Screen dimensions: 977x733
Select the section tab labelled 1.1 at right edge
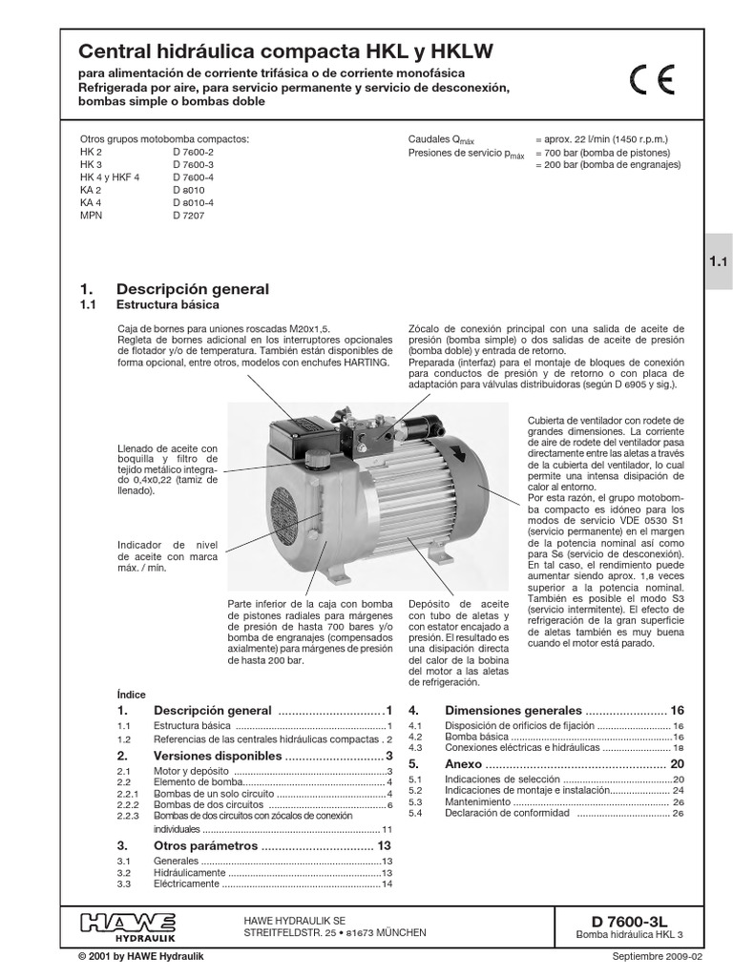point(718,260)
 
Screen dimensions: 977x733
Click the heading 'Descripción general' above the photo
point(192,288)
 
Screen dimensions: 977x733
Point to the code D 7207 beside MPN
point(188,217)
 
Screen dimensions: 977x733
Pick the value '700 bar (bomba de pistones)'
point(608,153)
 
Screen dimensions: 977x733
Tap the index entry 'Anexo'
point(465,764)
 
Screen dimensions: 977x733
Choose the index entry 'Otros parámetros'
point(205,845)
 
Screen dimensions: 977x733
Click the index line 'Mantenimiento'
point(480,801)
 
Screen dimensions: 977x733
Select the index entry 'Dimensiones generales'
point(513,711)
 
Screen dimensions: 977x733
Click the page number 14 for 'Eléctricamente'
point(387,884)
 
